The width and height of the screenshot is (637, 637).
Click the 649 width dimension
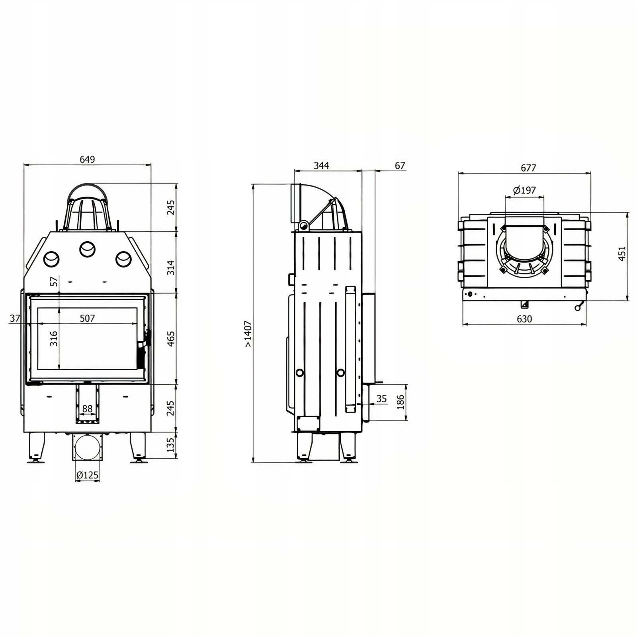coord(87,159)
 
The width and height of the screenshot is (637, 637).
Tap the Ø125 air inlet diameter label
coord(87,475)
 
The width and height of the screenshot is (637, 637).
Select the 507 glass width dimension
coord(87,318)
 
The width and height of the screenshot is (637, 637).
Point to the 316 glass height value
coord(54,338)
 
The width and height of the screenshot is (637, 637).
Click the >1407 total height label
coord(248,334)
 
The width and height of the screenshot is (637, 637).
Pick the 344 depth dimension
coord(321,165)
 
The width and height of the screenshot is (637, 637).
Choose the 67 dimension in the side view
coord(400,165)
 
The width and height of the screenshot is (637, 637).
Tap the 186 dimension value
coord(401,402)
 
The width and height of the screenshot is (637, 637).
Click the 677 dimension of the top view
coord(528,168)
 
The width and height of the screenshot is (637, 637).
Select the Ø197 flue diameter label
coord(524,190)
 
